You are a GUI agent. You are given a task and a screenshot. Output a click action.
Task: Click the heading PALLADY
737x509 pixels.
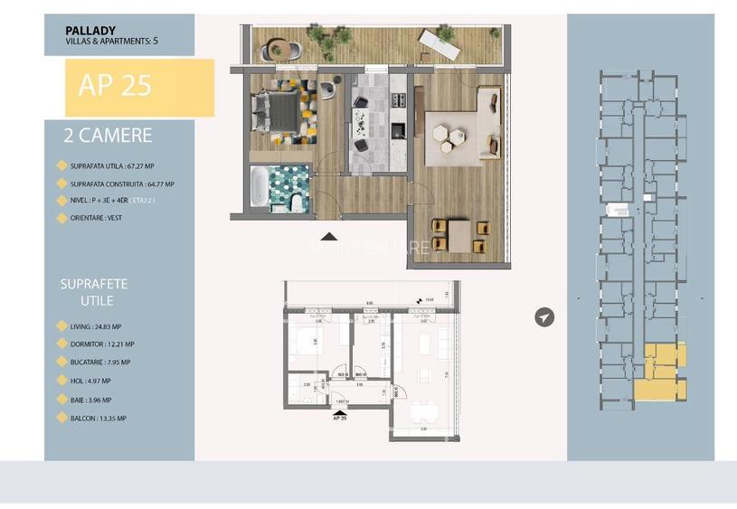[x=90, y=30]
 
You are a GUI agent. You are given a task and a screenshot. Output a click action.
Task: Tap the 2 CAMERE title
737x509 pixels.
[x=108, y=137]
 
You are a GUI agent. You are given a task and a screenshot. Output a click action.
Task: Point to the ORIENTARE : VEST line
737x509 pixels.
[x=94, y=217]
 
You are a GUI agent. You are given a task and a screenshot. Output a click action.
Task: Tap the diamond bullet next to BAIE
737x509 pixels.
[x=61, y=400]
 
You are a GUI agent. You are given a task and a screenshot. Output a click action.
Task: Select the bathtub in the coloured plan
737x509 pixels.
[x=260, y=187]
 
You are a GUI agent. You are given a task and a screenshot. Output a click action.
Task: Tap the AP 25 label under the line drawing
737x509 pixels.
[x=341, y=418]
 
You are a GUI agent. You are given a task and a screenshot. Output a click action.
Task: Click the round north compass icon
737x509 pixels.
[x=543, y=316]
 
